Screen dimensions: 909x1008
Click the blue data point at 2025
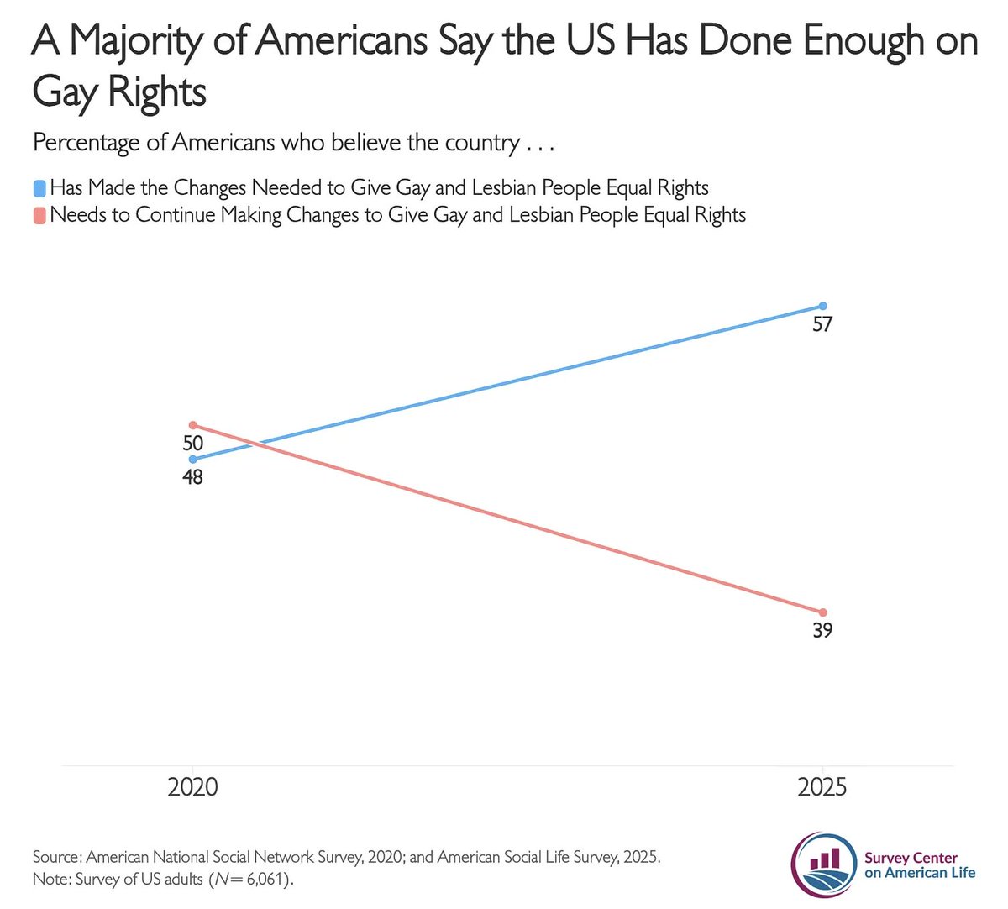click(822, 306)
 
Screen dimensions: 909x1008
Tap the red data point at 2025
click(822, 612)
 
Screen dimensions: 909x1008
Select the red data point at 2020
click(193, 425)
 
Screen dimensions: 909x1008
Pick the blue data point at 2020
click(193, 460)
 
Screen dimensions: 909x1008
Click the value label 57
click(822, 324)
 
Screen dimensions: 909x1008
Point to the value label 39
click(822, 631)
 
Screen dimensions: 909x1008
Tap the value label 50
click(193, 443)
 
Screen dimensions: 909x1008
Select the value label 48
click(193, 477)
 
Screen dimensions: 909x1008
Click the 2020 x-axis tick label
click(193, 788)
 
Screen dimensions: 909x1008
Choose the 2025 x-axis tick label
click(822, 788)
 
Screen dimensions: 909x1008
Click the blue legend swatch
click(39, 188)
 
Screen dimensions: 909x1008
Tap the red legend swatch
click(39, 215)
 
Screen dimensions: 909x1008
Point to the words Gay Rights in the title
click(119, 92)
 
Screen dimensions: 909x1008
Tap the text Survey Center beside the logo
click(911, 859)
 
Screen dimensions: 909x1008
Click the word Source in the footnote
click(55, 858)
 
